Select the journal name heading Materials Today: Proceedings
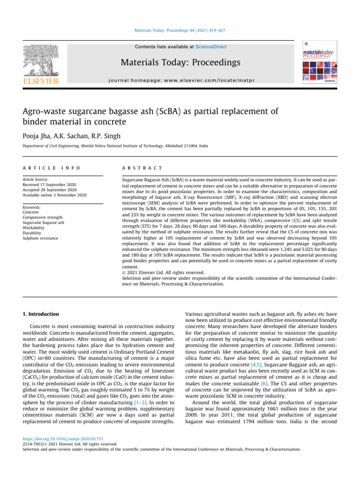click(x=181, y=62)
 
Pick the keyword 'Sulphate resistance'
click(x=40, y=238)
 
